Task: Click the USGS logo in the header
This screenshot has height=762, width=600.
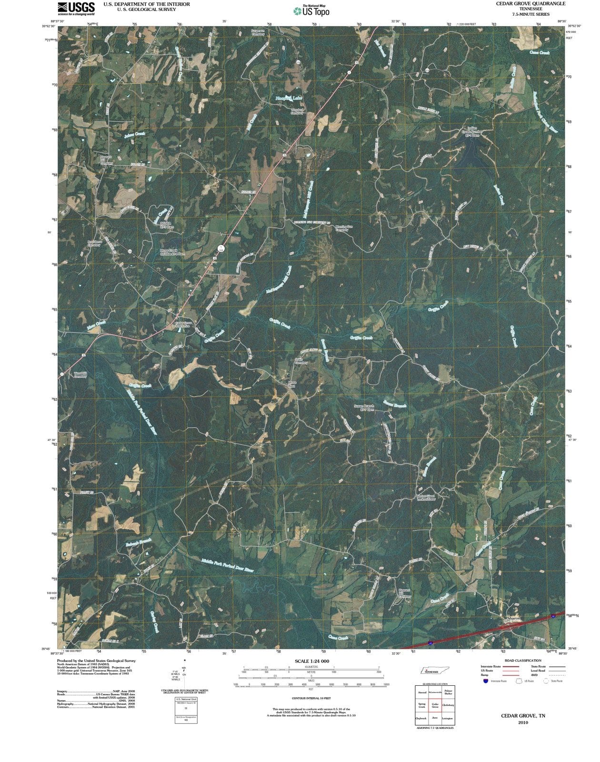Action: point(76,8)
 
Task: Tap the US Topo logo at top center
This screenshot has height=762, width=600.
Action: point(311,10)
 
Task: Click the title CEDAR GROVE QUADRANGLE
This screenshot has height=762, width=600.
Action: point(530,3)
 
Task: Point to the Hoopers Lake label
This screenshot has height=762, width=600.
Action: point(289,98)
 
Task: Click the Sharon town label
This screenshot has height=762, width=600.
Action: point(514,618)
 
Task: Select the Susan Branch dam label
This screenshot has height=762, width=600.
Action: point(364,408)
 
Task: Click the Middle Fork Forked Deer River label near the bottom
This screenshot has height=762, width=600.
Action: point(227,565)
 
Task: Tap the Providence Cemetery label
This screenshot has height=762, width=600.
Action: point(94,243)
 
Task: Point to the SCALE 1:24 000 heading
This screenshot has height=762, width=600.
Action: point(312,661)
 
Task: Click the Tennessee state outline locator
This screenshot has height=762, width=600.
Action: point(435,671)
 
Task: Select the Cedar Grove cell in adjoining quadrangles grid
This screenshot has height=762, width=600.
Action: point(435,705)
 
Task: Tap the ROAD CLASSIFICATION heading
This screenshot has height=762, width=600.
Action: point(523,661)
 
